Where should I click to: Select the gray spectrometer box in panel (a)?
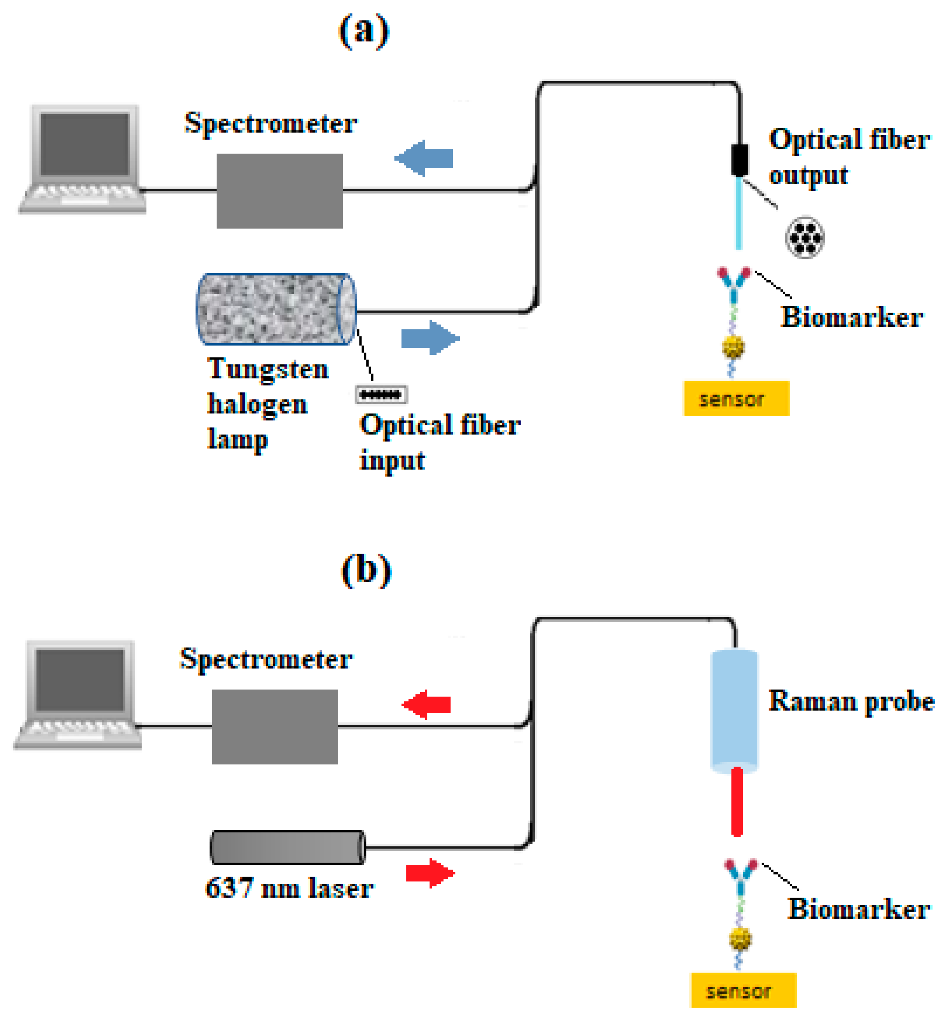click(280, 191)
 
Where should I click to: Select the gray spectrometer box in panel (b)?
click(275, 727)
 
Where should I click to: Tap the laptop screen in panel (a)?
click(85, 144)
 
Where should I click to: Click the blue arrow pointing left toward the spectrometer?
click(424, 158)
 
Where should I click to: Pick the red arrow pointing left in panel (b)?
click(427, 704)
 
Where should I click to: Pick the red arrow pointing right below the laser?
click(430, 873)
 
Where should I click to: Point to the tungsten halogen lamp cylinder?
click(277, 309)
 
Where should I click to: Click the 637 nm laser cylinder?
click(288, 847)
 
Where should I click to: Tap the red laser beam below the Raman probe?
click(737, 801)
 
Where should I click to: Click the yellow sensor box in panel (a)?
click(737, 398)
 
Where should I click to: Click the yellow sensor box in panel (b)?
click(743, 990)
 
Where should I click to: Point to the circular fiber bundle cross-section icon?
click(805, 238)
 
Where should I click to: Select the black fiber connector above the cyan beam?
click(739, 160)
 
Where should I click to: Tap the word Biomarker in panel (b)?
click(858, 909)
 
